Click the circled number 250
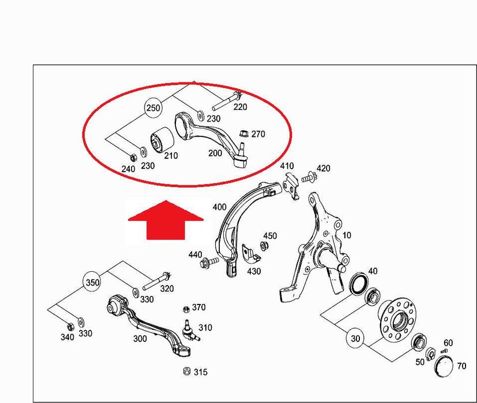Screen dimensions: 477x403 (x=153, y=108)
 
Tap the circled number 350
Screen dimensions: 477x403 (x=92, y=283)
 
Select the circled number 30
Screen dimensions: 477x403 (x=355, y=339)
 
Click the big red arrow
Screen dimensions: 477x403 (x=166, y=219)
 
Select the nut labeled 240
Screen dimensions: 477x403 (x=132, y=158)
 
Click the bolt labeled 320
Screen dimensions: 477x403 (x=157, y=281)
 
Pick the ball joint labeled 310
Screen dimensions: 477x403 (x=190, y=330)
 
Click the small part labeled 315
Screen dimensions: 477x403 (x=187, y=371)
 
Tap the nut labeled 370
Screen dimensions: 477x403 (x=186, y=310)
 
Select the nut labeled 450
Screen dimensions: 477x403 (x=264, y=245)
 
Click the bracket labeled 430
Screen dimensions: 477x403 (x=251, y=253)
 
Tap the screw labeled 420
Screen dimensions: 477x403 (x=309, y=177)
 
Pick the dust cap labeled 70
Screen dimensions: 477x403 (x=443, y=367)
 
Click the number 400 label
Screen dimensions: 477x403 (x=219, y=207)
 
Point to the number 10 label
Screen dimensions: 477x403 (x=347, y=235)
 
